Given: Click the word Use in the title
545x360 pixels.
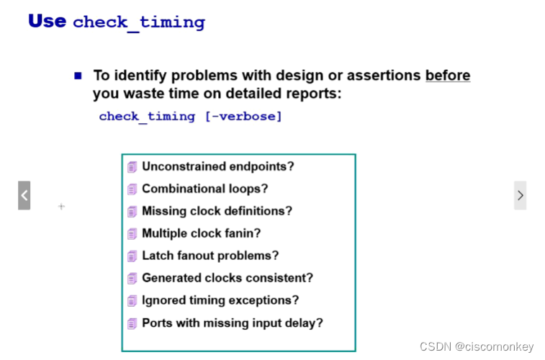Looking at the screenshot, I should point(47,20).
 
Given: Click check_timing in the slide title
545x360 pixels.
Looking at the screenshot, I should point(139,22).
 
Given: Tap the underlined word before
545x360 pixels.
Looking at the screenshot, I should point(448,75).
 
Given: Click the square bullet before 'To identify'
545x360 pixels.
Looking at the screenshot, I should point(78,75).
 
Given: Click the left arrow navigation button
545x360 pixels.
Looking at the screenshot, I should point(24,195).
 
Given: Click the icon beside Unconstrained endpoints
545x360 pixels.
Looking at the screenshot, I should point(132,167).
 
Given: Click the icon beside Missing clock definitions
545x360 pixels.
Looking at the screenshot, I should point(132,212).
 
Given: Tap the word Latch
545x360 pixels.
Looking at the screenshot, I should point(157,256).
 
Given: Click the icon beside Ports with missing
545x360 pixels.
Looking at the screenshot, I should point(132,323).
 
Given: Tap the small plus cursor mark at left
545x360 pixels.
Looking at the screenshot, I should point(61,207).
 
